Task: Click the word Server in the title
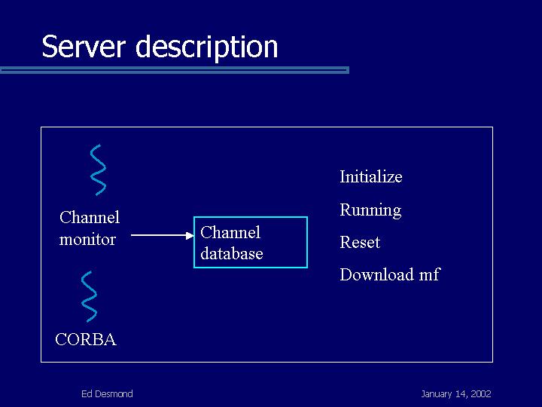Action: coord(84,46)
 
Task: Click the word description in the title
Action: coord(207,47)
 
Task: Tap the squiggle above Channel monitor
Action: coord(98,170)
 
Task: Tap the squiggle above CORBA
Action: coord(89,297)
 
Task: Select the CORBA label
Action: coord(86,339)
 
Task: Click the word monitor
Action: coord(87,240)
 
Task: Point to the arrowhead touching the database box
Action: coord(190,236)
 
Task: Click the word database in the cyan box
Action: coord(232,253)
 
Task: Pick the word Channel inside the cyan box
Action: coord(230,232)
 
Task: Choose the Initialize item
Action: coord(371,176)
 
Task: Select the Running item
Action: coord(370,210)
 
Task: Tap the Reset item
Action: coord(360,242)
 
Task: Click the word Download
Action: coord(377,274)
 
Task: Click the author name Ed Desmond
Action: coord(107,394)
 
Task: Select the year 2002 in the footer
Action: coord(481,394)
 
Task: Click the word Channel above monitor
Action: coord(90,217)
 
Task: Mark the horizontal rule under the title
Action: coord(175,70)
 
